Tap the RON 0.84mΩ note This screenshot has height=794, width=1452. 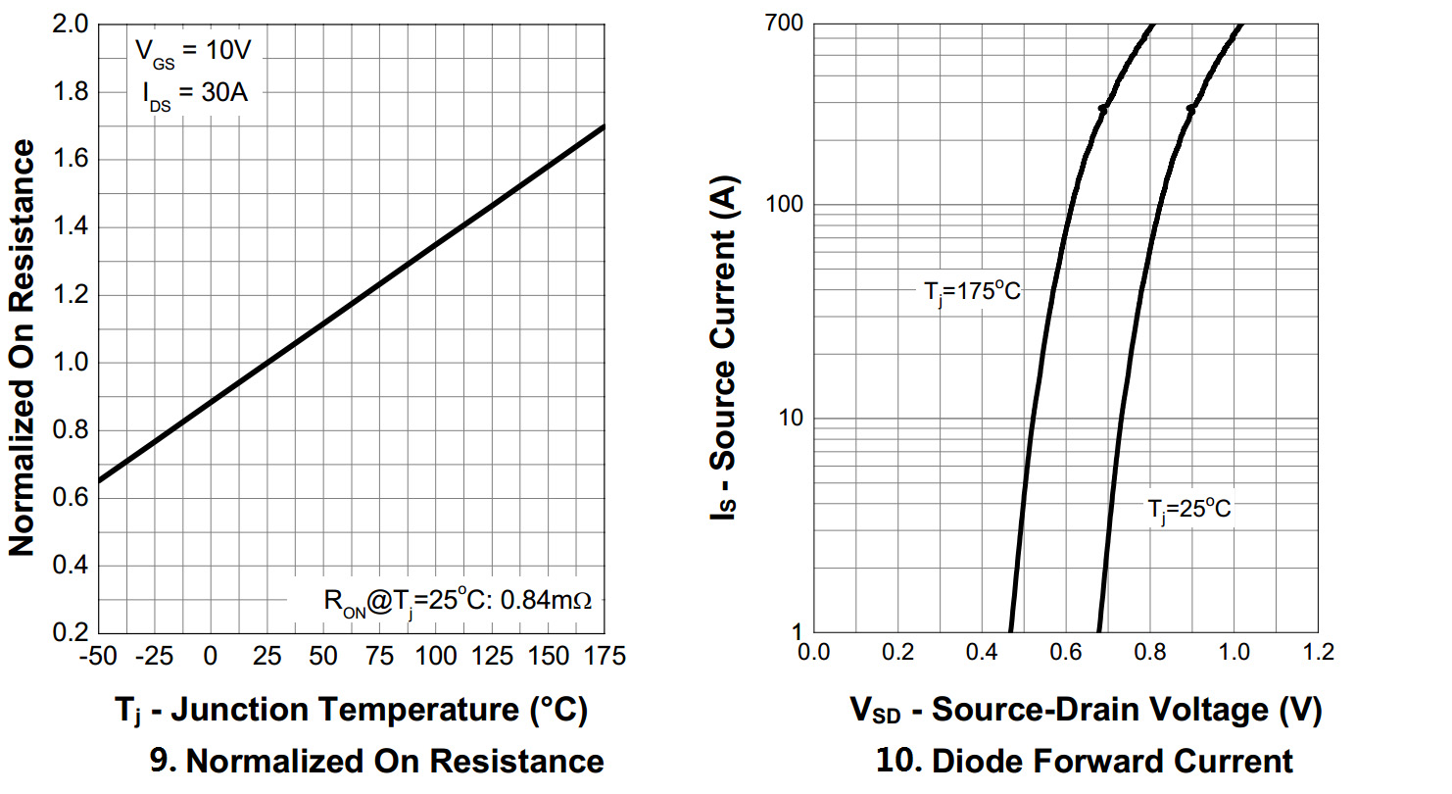point(458,599)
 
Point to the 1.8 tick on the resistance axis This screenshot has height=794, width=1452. point(72,92)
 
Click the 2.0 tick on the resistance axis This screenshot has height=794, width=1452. point(72,25)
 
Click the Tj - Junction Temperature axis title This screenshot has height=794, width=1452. point(350,711)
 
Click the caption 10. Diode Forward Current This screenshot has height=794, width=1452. point(1084,761)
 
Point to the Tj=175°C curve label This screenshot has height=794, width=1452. point(972,291)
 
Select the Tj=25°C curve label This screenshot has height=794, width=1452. point(1189,510)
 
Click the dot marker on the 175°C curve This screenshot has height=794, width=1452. point(1103,109)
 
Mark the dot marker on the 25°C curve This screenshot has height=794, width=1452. point(1191,109)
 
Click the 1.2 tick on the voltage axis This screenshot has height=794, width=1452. point(1318,653)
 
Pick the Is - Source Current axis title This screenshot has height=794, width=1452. point(726,349)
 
